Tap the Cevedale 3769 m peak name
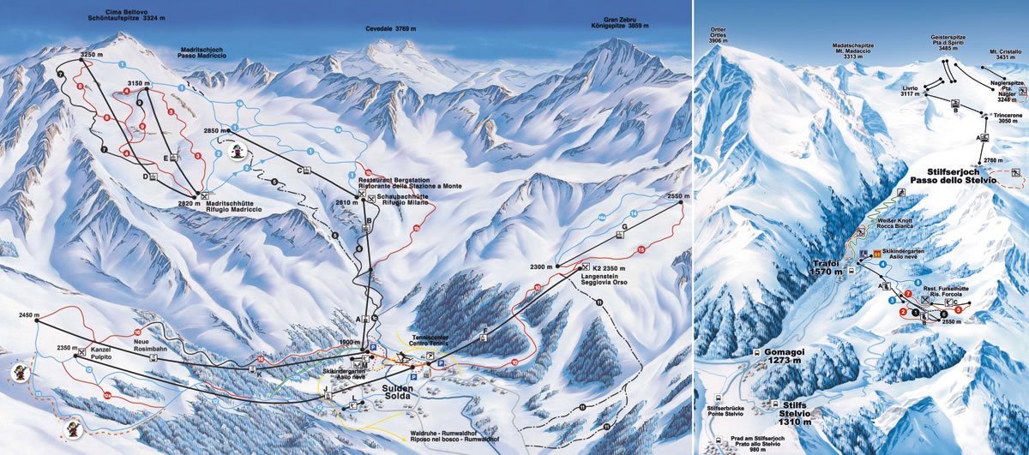(x=392, y=28)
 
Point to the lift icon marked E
(x=174, y=158)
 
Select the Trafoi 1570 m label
(x=825, y=266)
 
